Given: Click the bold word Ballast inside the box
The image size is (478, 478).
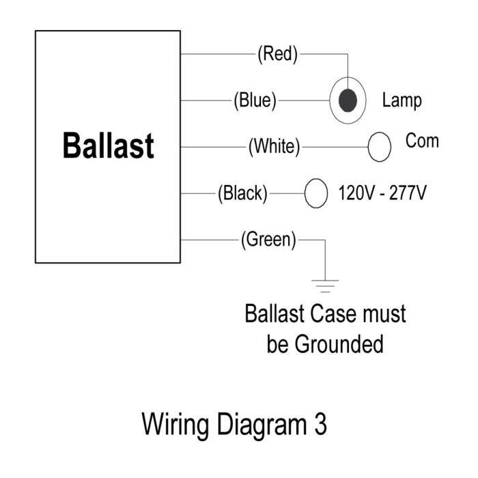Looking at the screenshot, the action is point(108,145).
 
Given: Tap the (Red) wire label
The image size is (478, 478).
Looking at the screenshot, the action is point(277,54).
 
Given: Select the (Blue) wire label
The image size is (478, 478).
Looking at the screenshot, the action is point(255,100).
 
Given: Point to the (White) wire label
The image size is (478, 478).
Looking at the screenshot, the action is point(274,147).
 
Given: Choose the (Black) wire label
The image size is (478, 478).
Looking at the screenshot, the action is point(242,193).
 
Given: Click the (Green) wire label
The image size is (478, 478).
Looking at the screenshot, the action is point(268,240).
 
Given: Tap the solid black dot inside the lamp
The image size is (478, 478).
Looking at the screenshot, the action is point(348,100).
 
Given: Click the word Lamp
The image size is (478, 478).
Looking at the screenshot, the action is point(402,100).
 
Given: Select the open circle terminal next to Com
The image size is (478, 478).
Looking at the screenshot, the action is point(380,147).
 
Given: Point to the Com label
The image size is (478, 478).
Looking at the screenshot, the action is point(422,141).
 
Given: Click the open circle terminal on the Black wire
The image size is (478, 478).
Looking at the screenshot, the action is point(316,193).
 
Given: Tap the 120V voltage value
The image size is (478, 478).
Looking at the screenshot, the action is point(356,193).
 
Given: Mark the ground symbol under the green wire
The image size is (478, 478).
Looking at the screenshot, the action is point(325,286).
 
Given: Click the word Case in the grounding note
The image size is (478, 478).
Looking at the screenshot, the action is point(333,313).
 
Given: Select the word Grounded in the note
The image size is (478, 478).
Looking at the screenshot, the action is point(339,344).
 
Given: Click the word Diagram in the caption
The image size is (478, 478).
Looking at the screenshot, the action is point(262,425).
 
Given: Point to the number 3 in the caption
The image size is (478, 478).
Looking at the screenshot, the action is point(321,424).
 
